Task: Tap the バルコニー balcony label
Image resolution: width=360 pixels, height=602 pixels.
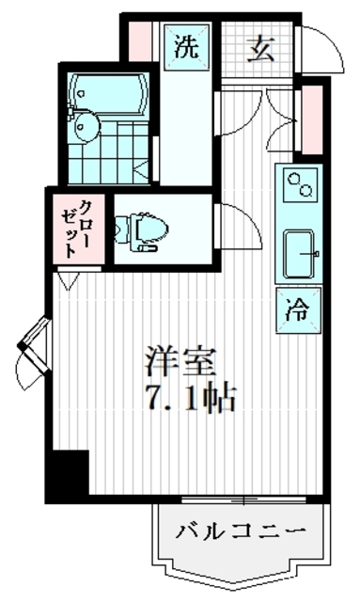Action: tap(242, 533)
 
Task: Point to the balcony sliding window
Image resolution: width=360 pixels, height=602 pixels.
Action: tap(243, 499)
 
